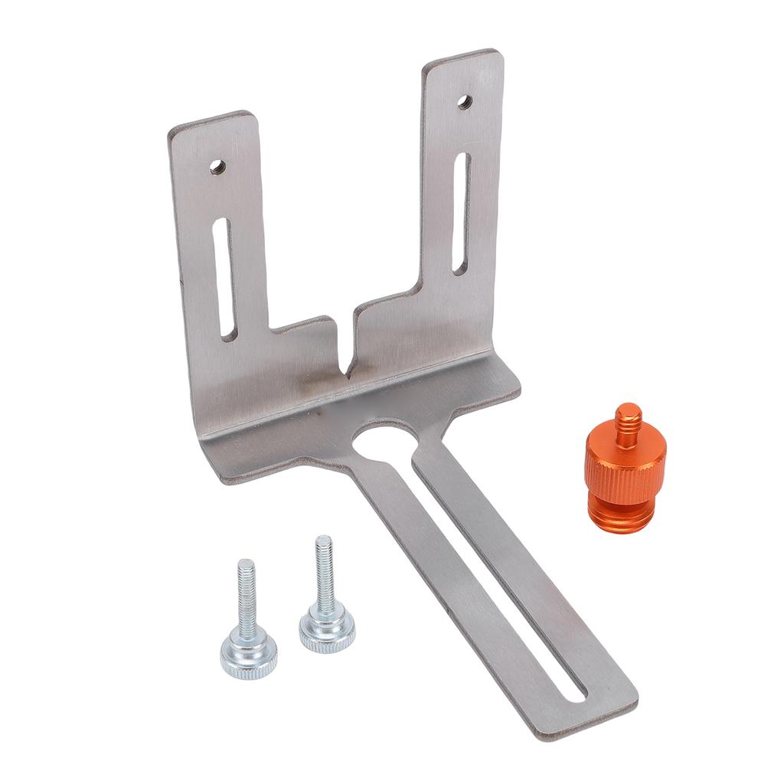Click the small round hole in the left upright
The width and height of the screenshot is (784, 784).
tap(218, 165)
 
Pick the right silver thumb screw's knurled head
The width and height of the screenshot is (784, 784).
tap(327, 627)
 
